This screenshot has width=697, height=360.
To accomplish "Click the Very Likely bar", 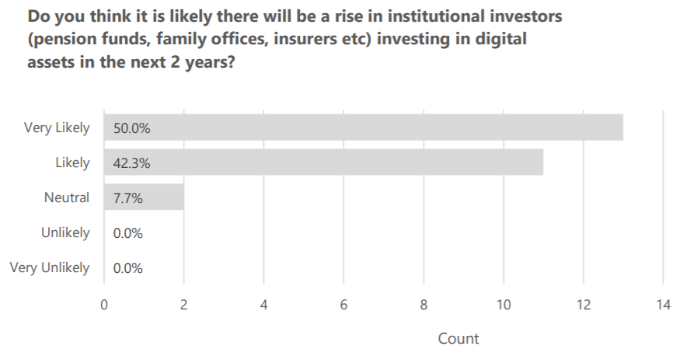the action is [x=364, y=128].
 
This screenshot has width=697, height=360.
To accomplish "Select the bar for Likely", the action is [x=323, y=162].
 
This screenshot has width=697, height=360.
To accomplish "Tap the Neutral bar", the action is [x=144, y=197].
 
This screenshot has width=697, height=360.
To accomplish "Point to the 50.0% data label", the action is [x=131, y=128].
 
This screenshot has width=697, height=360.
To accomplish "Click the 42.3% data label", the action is [x=131, y=163].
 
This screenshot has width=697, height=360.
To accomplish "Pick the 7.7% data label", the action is [x=128, y=198].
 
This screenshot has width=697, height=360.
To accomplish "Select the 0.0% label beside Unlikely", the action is [x=128, y=233].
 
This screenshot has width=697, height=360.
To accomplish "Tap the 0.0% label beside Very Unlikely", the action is [x=128, y=268].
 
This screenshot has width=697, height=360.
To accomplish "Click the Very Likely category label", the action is [x=57, y=128].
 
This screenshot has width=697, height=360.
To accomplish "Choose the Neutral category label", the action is [x=67, y=197].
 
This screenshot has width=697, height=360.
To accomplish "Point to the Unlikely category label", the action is [x=65, y=232].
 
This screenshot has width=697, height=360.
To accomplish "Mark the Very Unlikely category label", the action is [x=50, y=268].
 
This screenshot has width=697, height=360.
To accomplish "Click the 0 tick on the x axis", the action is [x=104, y=305].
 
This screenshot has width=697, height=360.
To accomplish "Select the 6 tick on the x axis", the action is [x=343, y=305].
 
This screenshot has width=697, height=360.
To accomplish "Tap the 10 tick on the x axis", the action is [x=504, y=305].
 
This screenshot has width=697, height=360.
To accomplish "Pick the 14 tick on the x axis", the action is [x=663, y=305].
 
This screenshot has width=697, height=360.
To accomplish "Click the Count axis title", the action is [x=458, y=339].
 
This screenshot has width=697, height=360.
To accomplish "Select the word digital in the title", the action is [x=500, y=40].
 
